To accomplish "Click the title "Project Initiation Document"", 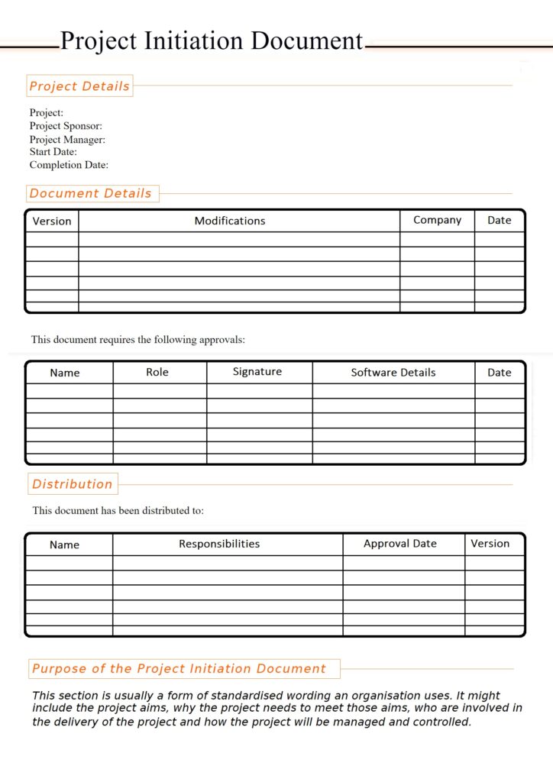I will pos(212,40).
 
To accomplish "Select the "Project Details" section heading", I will pos(79,86).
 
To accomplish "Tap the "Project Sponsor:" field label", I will pos(66,126).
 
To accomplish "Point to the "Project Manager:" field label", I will pos(67,140).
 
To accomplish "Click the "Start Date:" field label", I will pos(53,152).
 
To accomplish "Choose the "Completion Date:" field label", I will pos(69,165).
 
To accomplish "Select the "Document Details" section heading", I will pos(91,194).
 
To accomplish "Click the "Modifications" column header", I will pos(230,221).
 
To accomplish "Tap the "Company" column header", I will pos(437,220).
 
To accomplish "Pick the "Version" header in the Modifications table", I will pos(52,221).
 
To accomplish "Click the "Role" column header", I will pos(157,372).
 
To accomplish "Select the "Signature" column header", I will pos(257,372).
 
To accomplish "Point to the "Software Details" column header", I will pos(393,373).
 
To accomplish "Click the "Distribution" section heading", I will pos(73,484).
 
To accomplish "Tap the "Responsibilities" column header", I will pos(219,544).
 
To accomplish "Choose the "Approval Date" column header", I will pos(400,544).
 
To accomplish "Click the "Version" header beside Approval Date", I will pos(490,544).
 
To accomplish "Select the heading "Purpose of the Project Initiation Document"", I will pos(179,669).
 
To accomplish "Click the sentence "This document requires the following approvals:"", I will pos(138,340).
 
